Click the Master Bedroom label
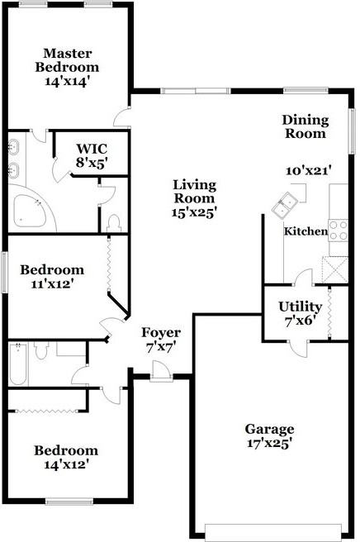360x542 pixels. coord(67,60)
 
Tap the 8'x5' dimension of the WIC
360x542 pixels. coord(92,163)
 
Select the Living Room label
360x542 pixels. coord(195,192)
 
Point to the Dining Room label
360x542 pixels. coord(306,126)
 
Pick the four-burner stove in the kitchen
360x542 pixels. coord(339,231)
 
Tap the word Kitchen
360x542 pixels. coord(306,231)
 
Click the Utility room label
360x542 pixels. coord(301,307)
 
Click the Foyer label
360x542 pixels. coord(161,333)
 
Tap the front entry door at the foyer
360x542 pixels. coord(161,371)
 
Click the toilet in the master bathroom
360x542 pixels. coord(114,223)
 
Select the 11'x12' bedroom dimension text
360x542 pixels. coord(53,284)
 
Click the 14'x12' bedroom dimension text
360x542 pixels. coord(64,464)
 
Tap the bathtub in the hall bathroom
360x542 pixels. coord(18,364)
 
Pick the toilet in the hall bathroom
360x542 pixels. coord(41,350)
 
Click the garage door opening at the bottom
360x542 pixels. coord(273,533)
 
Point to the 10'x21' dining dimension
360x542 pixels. coord(309,171)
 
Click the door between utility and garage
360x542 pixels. coord(298,347)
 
